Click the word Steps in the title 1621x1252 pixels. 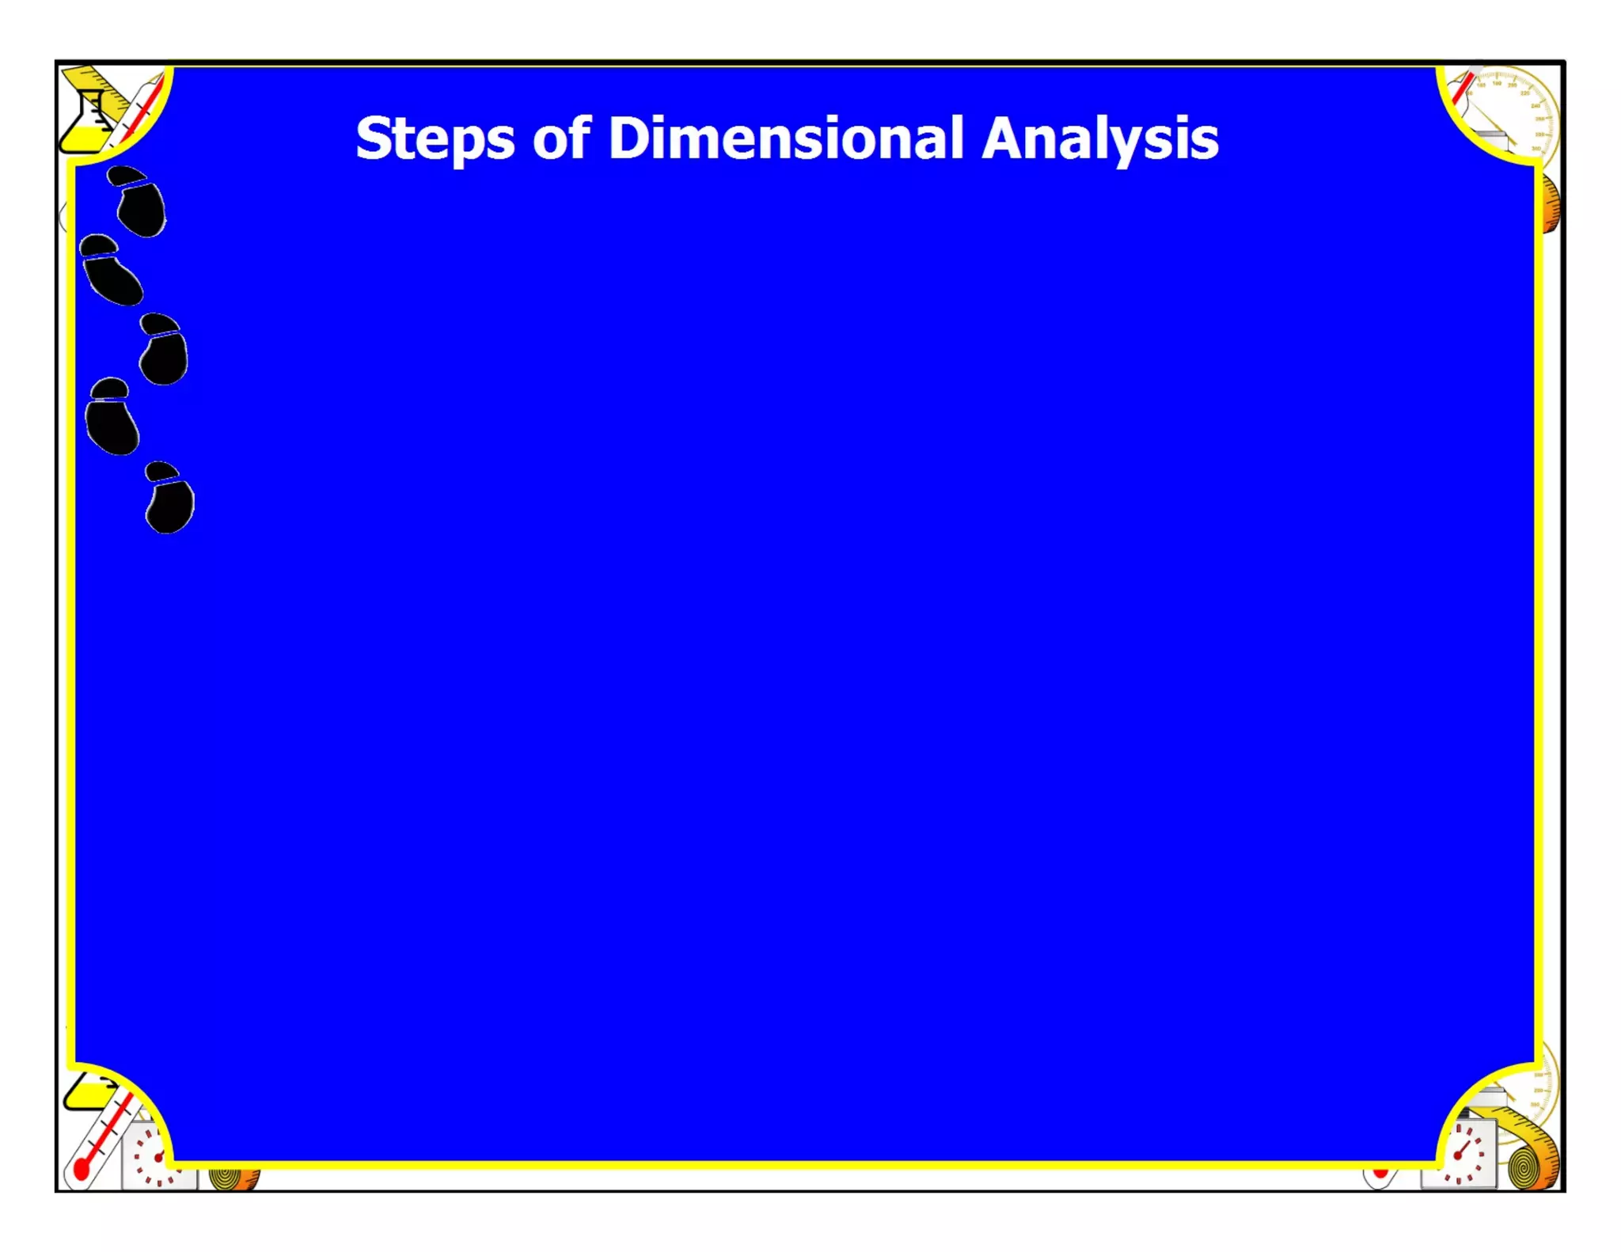tap(435, 139)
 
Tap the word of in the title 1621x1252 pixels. tap(561, 138)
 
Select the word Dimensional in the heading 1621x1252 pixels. tap(786, 138)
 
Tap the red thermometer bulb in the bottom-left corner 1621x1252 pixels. tap(81, 1169)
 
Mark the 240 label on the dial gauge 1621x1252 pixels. tap(1535, 105)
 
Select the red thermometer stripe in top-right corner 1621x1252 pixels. tap(1463, 89)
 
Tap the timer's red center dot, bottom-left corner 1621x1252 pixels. tap(158, 1158)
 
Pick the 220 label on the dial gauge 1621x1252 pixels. tap(1524, 93)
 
